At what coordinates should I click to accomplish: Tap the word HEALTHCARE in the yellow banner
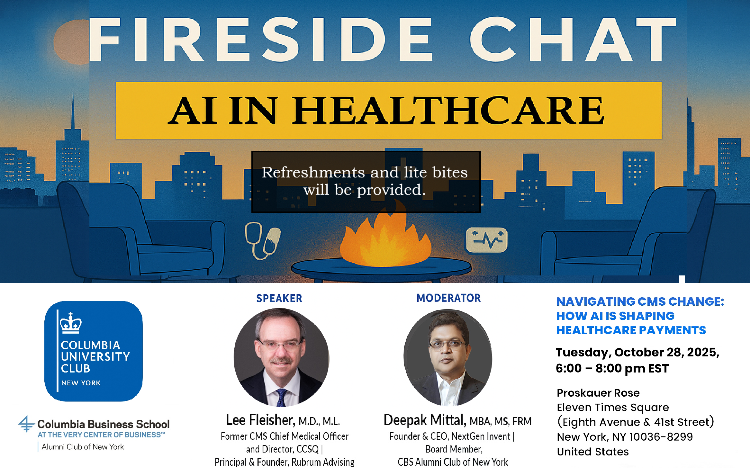tap(447, 110)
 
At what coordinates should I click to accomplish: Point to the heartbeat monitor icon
tap(487, 240)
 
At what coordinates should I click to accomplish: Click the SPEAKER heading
tap(279, 298)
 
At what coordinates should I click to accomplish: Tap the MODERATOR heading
tap(449, 298)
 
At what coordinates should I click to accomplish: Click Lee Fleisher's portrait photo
tap(282, 357)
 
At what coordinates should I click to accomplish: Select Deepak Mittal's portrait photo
tap(448, 357)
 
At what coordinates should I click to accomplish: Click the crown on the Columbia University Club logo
tap(71, 323)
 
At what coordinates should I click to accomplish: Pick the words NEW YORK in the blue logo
tap(81, 383)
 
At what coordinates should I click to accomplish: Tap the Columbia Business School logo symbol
tap(26, 424)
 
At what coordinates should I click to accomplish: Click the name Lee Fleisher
tap(260, 420)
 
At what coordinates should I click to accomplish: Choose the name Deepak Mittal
tap(425, 420)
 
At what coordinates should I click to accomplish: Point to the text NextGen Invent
tap(481, 436)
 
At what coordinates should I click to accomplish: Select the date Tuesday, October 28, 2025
tap(637, 353)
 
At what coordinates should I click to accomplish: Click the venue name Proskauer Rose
tap(598, 393)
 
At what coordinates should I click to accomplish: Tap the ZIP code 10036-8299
tap(661, 437)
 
